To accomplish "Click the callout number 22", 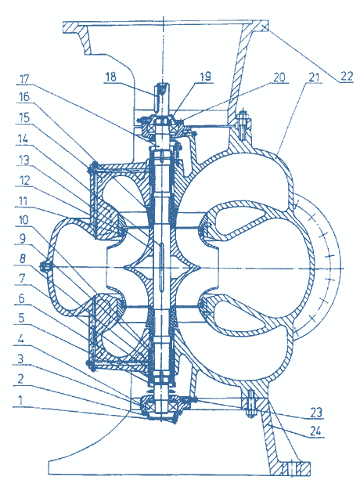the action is (x=347, y=76).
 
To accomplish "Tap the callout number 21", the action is (x=314, y=77).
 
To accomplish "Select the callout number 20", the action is (x=279, y=77).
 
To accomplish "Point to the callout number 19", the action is (x=205, y=76).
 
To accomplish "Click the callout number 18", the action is (x=110, y=77).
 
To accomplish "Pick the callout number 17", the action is (x=24, y=78).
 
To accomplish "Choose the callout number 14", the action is (x=23, y=139).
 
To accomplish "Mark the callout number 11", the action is (x=23, y=201).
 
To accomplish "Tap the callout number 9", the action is (x=23, y=239).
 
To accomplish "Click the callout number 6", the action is (x=21, y=298).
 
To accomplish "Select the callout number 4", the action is (x=20, y=338).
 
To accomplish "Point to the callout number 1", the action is (x=20, y=400).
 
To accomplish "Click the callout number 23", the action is (x=316, y=413).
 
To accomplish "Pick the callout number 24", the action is (x=315, y=431).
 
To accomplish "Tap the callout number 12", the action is (x=23, y=180).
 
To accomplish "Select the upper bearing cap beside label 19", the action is (x=162, y=119).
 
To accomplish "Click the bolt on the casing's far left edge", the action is (x=45, y=266).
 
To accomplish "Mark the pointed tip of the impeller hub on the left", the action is (x=124, y=267).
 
